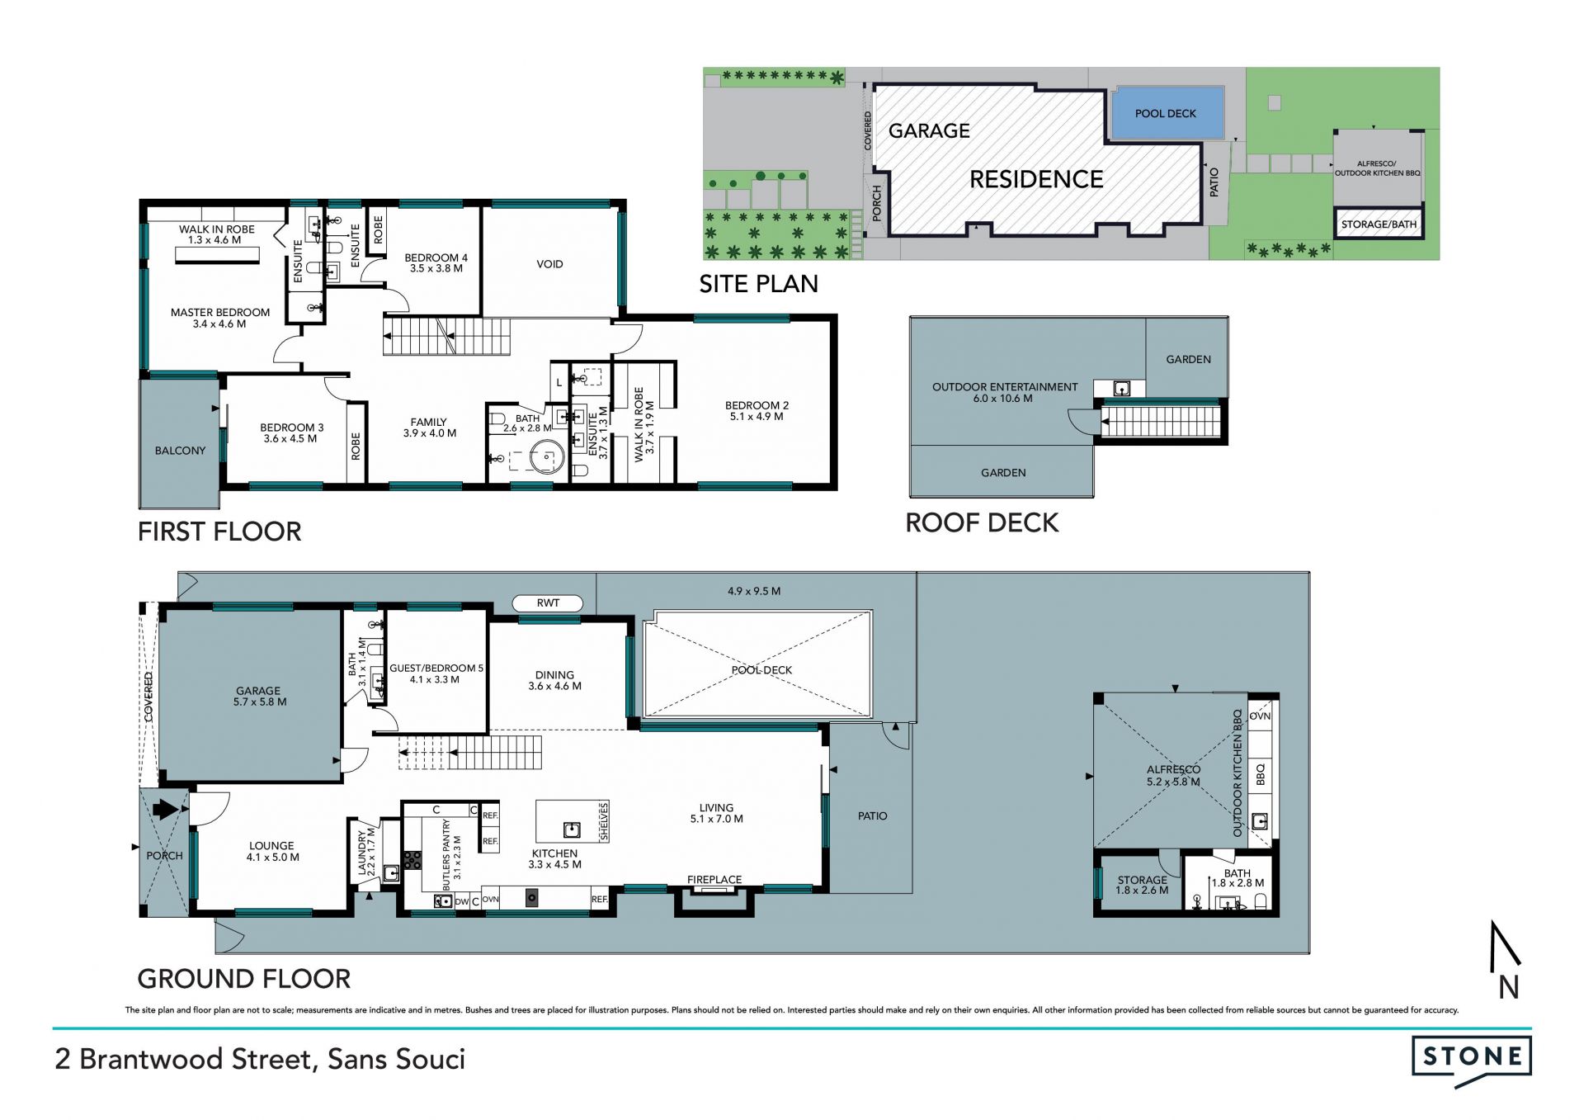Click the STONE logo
point(1472,1059)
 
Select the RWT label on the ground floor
point(548,603)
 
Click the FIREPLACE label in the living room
point(714,880)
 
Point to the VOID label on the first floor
point(549,264)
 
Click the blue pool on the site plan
point(1166,113)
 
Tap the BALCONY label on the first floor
point(180,451)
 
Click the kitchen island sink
point(571,829)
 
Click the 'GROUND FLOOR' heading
point(244,979)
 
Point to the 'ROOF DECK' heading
point(982,522)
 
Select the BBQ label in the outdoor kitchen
point(1260,774)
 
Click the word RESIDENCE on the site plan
point(1036,179)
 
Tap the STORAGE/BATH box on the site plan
point(1379,224)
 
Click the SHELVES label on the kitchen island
point(604,821)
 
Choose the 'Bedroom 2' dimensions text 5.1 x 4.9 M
point(757,417)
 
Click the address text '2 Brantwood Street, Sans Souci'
point(260,1059)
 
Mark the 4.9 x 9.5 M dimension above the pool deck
point(754,591)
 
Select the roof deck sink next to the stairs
point(1121,388)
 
